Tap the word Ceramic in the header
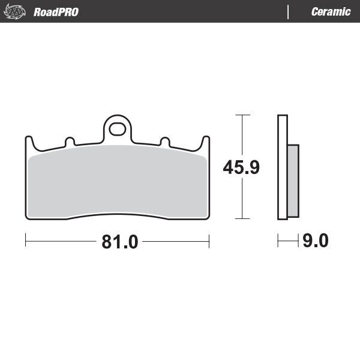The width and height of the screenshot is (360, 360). click(x=331, y=12)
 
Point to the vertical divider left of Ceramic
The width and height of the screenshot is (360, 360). click(x=289, y=12)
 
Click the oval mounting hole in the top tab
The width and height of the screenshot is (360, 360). click(x=118, y=128)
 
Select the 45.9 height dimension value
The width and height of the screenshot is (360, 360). click(x=241, y=167)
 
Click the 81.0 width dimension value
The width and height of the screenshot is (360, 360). click(x=120, y=242)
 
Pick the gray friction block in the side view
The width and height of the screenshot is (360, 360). click(x=293, y=181)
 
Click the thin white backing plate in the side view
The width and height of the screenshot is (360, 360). click(x=281, y=168)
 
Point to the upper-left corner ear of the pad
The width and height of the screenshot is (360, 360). click(x=28, y=143)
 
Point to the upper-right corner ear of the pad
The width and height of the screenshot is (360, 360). click(x=206, y=143)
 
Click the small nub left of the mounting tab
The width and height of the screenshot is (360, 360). click(x=70, y=142)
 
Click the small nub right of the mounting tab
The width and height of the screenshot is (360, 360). click(x=164, y=142)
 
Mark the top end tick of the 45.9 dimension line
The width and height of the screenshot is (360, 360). click(x=241, y=114)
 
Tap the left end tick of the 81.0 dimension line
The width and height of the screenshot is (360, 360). click(x=26, y=242)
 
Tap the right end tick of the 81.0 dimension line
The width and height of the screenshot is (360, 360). click(x=209, y=242)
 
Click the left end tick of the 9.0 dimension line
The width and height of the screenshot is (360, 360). click(x=278, y=242)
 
